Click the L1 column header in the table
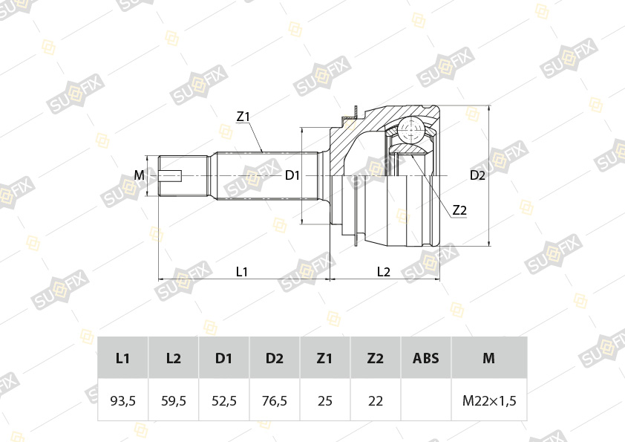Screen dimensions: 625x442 click(122, 358)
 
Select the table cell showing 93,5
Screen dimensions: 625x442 click(122, 400)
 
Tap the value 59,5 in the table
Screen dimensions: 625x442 click(174, 400)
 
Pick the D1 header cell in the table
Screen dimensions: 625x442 click(223, 358)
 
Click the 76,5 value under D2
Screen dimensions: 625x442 click(274, 400)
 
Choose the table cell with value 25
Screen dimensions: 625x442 click(325, 400)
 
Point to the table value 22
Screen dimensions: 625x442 click(376, 400)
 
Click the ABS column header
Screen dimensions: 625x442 click(426, 358)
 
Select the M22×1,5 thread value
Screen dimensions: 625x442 click(489, 400)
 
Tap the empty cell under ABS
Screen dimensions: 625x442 click(426, 400)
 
